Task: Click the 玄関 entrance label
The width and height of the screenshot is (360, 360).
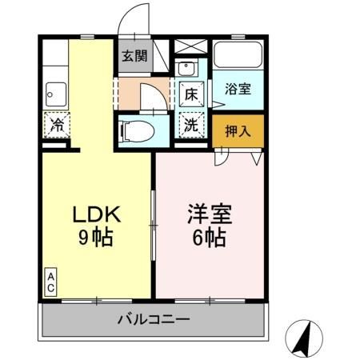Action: [x=134, y=56]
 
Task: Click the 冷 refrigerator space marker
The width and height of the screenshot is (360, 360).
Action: [x=57, y=125]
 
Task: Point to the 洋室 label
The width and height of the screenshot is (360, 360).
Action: [x=210, y=214]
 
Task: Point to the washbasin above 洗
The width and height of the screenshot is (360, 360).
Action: [x=189, y=67]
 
